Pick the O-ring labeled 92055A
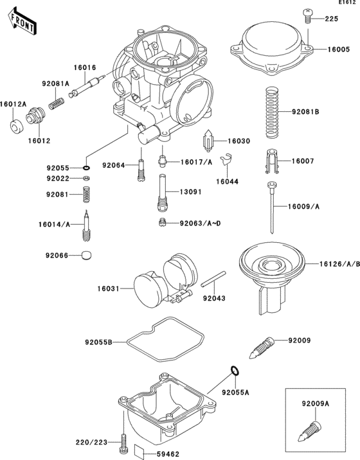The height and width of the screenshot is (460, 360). coord(235,370)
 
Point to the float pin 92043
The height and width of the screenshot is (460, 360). coord(213,283)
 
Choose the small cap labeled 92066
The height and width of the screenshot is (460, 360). coord(86,256)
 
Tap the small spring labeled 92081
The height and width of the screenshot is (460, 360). coord(86,193)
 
